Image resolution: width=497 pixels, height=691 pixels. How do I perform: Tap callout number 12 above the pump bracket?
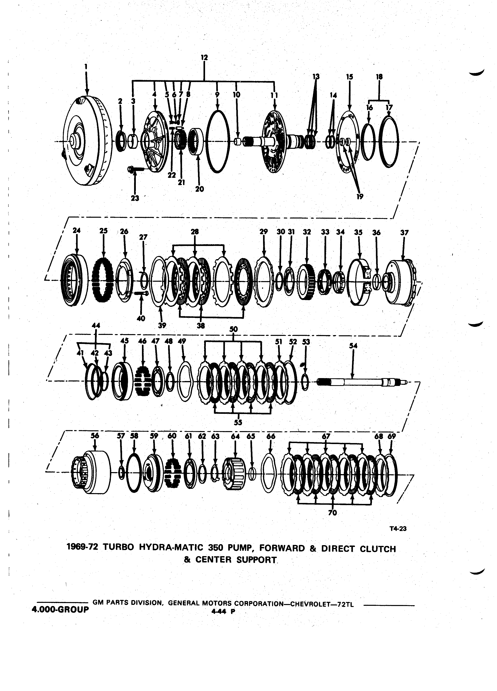click(x=204, y=57)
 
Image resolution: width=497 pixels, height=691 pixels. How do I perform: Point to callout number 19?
click(x=360, y=197)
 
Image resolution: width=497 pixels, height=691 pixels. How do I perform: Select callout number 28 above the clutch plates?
click(x=195, y=232)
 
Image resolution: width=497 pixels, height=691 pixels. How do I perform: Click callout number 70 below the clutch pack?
click(x=333, y=513)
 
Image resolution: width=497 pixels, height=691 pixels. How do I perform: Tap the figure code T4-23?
click(x=398, y=529)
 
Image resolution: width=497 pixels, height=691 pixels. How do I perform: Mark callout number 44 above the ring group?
click(x=96, y=325)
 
